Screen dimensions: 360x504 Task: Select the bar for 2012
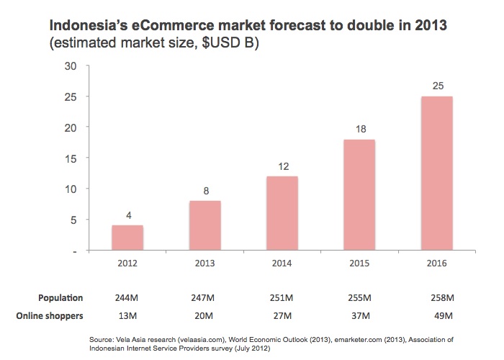pos(127,238)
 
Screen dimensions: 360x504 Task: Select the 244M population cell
pos(127,297)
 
